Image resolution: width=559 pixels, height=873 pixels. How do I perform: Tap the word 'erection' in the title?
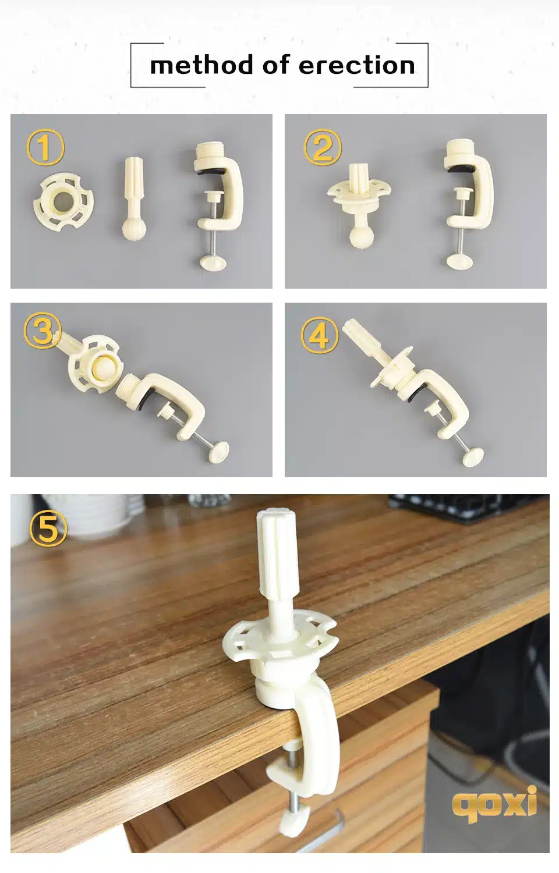[357, 65]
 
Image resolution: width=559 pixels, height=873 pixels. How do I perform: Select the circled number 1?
[45, 148]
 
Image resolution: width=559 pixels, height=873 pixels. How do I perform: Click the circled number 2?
[323, 148]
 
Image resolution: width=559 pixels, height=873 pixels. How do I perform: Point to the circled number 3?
[43, 331]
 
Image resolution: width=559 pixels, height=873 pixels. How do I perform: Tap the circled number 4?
[320, 335]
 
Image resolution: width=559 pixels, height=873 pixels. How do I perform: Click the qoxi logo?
[494, 803]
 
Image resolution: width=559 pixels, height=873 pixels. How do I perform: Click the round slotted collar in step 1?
[63, 203]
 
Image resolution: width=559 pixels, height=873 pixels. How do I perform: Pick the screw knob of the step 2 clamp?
[459, 261]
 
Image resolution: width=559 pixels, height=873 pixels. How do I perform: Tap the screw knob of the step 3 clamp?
[219, 452]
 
